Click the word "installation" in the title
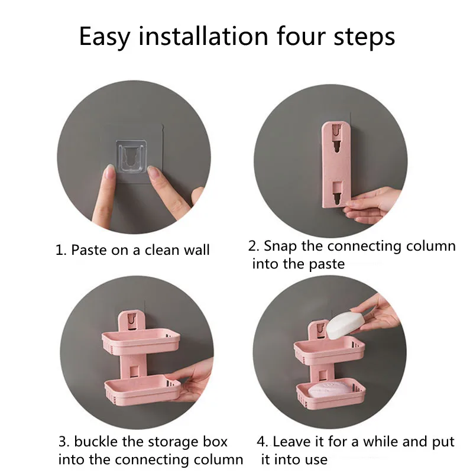point(203,37)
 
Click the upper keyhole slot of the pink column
point(336,138)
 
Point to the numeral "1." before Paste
point(61,250)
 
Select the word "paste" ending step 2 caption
point(327,264)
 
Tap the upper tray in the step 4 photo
point(329,351)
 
